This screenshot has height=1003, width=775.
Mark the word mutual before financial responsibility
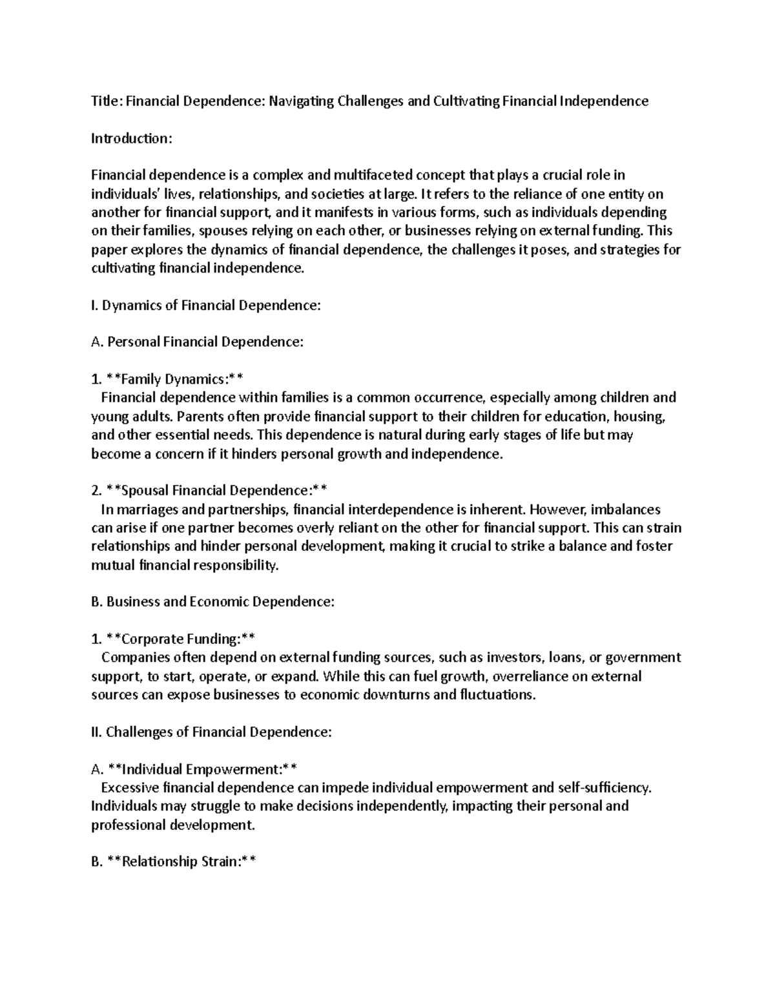click(x=113, y=566)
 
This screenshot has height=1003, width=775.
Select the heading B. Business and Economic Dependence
click(x=213, y=602)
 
